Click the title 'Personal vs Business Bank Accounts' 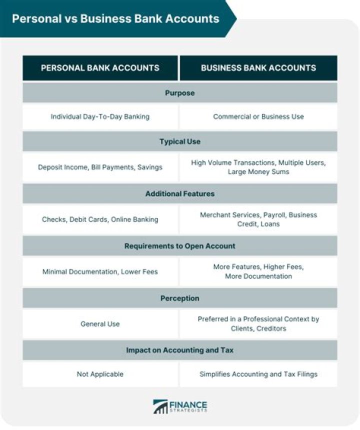click(x=115, y=18)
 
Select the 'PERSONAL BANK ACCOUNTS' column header click(x=100, y=67)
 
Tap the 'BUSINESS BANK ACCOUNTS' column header click(x=258, y=67)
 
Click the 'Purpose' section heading click(x=179, y=93)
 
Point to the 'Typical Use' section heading click(x=179, y=141)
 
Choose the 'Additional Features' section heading click(x=179, y=193)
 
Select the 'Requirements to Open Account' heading click(x=179, y=245)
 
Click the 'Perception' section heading click(x=179, y=298)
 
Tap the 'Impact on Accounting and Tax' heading click(x=179, y=350)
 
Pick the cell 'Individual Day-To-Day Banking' click(x=100, y=117)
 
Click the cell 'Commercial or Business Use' click(x=258, y=117)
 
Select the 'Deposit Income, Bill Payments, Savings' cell click(x=100, y=167)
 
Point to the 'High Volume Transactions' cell click(x=258, y=167)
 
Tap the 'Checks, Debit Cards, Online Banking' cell click(x=100, y=219)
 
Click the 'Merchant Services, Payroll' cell click(x=258, y=219)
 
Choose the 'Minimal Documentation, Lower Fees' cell click(x=100, y=271)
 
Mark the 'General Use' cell click(x=100, y=324)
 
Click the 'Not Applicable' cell click(x=100, y=374)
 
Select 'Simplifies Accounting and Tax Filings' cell click(x=258, y=374)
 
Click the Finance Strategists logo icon click(x=161, y=406)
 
